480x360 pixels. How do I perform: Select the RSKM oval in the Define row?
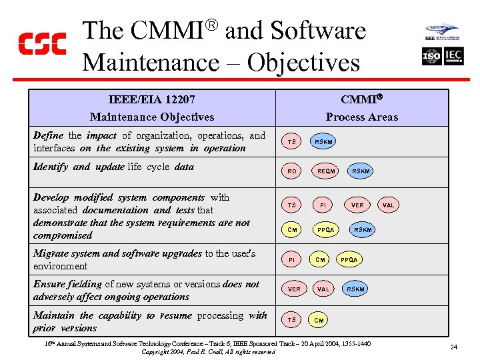[324, 141]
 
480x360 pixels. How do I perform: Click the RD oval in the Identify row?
[291, 171]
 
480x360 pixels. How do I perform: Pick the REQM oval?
[327, 171]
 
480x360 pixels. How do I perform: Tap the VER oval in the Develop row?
[357, 205]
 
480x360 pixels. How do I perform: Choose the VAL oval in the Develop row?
[389, 205]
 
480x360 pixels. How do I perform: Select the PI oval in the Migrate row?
[291, 259]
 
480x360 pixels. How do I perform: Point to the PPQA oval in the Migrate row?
[349, 259]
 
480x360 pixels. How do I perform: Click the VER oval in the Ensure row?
[293, 289]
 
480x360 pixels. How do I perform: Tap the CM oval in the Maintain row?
[319, 321]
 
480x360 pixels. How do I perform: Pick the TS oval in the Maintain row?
[291, 320]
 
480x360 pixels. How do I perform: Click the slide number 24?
[453, 347]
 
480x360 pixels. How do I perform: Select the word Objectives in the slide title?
[303, 63]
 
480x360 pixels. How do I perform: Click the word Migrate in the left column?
[51, 253]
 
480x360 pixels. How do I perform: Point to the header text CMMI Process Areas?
[361, 108]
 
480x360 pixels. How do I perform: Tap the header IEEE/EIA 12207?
[152, 99]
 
